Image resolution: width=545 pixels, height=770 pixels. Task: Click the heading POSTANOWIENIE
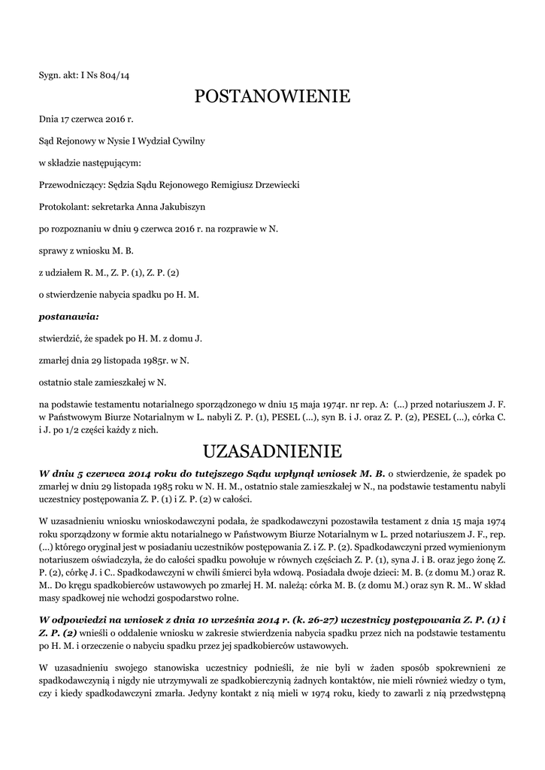point(272,96)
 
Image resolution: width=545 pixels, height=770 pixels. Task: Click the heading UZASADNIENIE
point(272,451)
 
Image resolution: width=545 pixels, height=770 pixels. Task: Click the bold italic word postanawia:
point(69,317)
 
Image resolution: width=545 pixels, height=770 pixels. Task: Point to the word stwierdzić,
point(62,338)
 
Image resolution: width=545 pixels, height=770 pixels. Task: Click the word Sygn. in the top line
point(50,75)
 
